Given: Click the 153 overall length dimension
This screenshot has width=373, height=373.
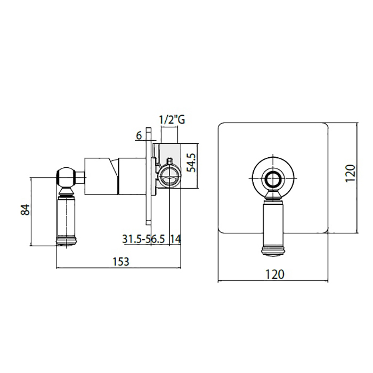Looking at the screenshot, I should [121, 262].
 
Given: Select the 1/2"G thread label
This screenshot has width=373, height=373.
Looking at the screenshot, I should [172, 119].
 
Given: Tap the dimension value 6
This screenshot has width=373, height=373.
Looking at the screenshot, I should [139, 135].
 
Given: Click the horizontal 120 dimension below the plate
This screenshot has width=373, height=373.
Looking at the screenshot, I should [274, 274].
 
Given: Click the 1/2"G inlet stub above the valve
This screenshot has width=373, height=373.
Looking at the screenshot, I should [169, 136].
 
